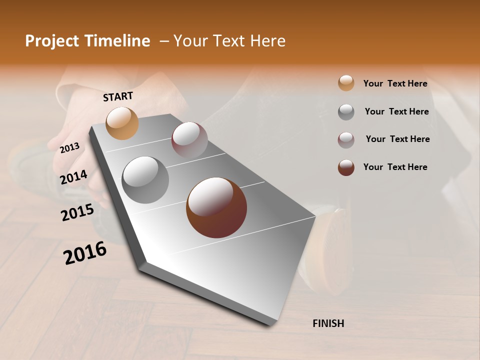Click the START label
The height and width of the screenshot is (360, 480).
click(x=118, y=96)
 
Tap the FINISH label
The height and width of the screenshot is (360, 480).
click(x=328, y=323)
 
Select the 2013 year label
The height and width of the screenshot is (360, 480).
click(x=69, y=148)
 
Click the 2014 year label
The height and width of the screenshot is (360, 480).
click(x=74, y=177)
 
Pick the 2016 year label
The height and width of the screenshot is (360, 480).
click(x=85, y=253)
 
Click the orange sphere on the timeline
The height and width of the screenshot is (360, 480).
click(x=122, y=123)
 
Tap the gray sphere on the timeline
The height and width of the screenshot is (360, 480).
click(x=145, y=180)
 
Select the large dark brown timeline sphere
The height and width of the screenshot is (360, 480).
click(x=216, y=207)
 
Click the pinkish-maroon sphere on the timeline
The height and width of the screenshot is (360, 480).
click(x=189, y=140)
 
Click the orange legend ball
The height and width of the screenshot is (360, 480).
click(x=346, y=83)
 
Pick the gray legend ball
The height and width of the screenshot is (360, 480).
click(x=346, y=112)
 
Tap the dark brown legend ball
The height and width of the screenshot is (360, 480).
click(x=346, y=167)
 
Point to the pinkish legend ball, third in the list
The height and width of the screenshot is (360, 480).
click(x=346, y=140)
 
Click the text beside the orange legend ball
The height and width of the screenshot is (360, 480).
click(x=395, y=83)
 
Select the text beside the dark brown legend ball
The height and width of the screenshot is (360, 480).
click(x=395, y=167)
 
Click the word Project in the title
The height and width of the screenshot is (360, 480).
click(x=52, y=41)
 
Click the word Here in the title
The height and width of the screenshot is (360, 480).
click(x=268, y=41)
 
